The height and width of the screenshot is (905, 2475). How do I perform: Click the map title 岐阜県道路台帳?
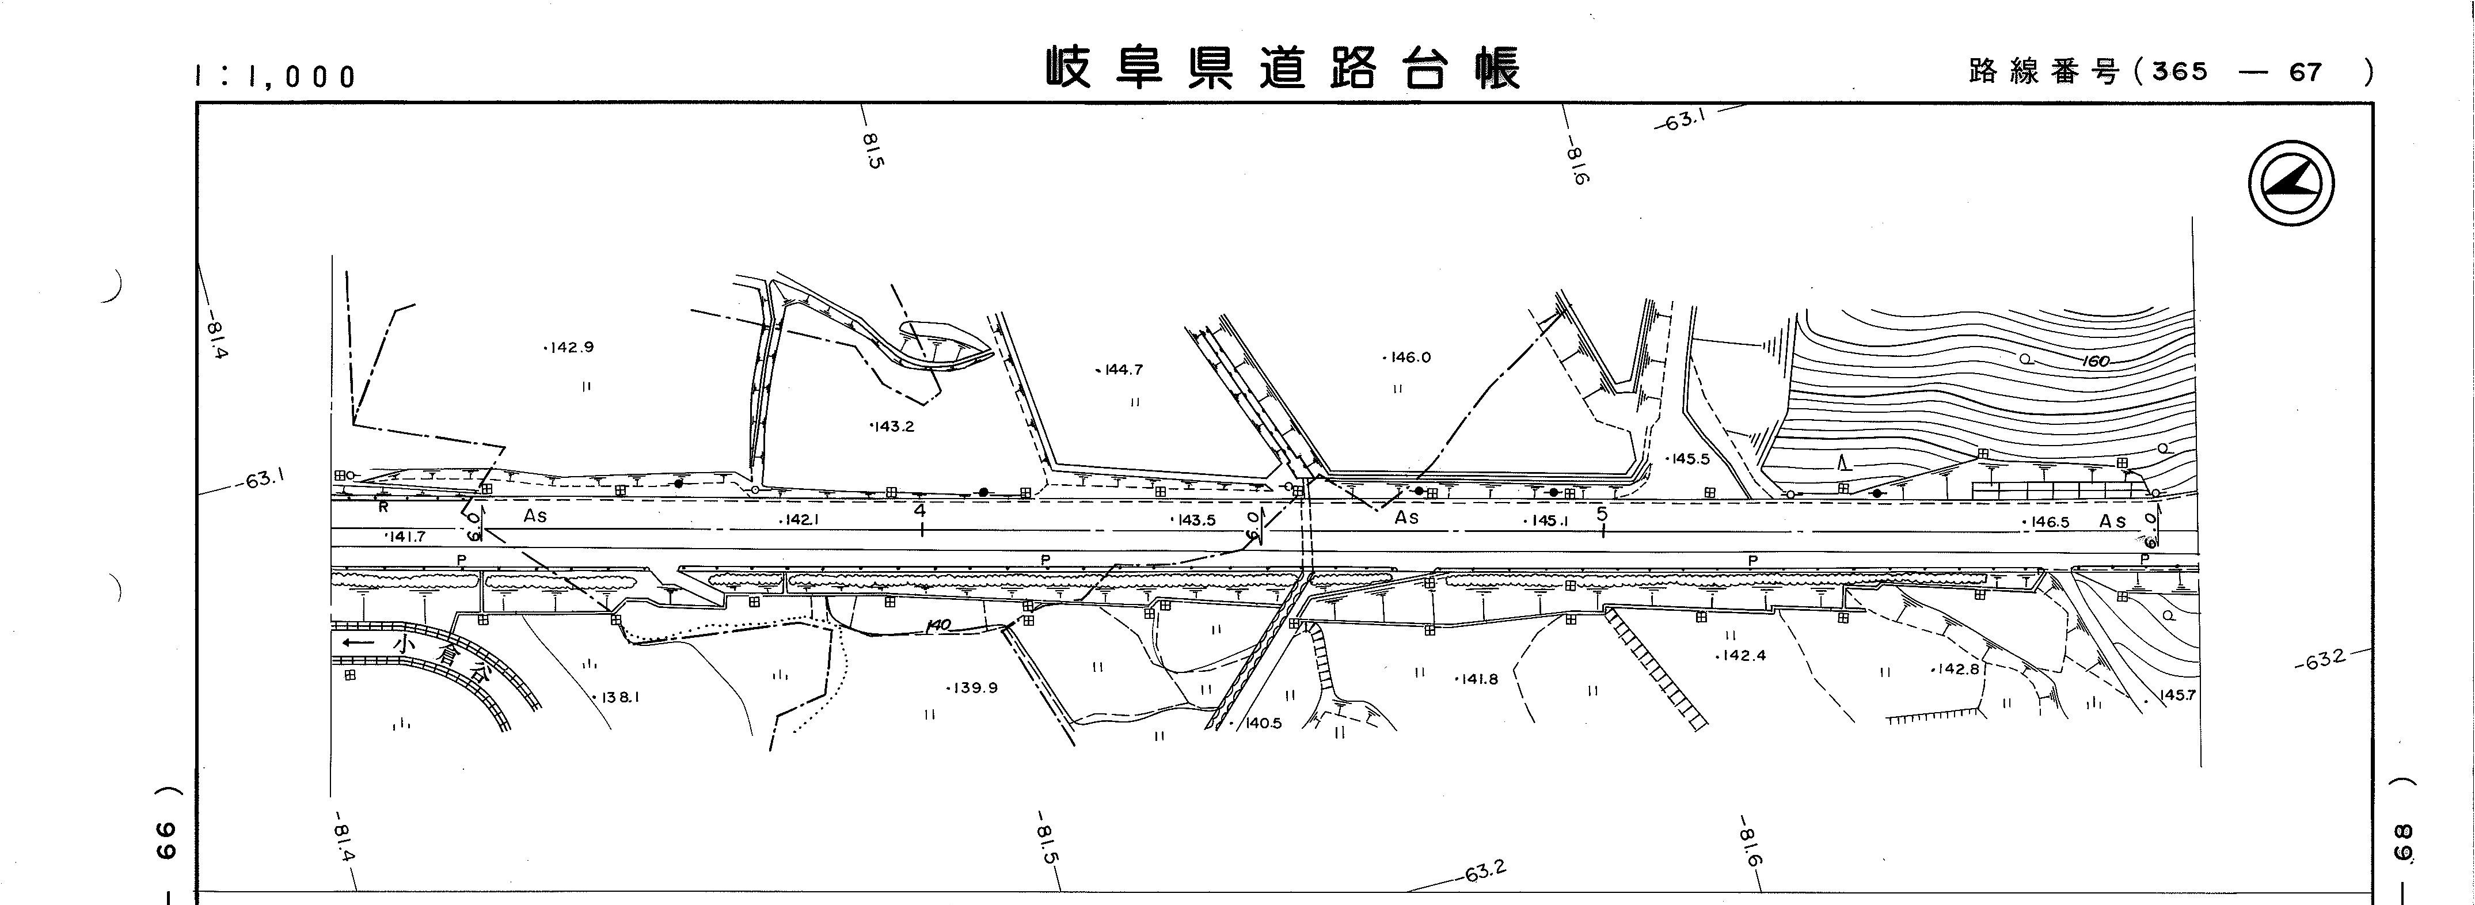click(x=1283, y=69)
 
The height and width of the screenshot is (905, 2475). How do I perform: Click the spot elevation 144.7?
click(x=1121, y=370)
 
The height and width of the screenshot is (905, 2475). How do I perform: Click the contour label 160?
click(x=2096, y=362)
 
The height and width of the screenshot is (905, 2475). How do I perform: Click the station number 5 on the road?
click(x=1602, y=514)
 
